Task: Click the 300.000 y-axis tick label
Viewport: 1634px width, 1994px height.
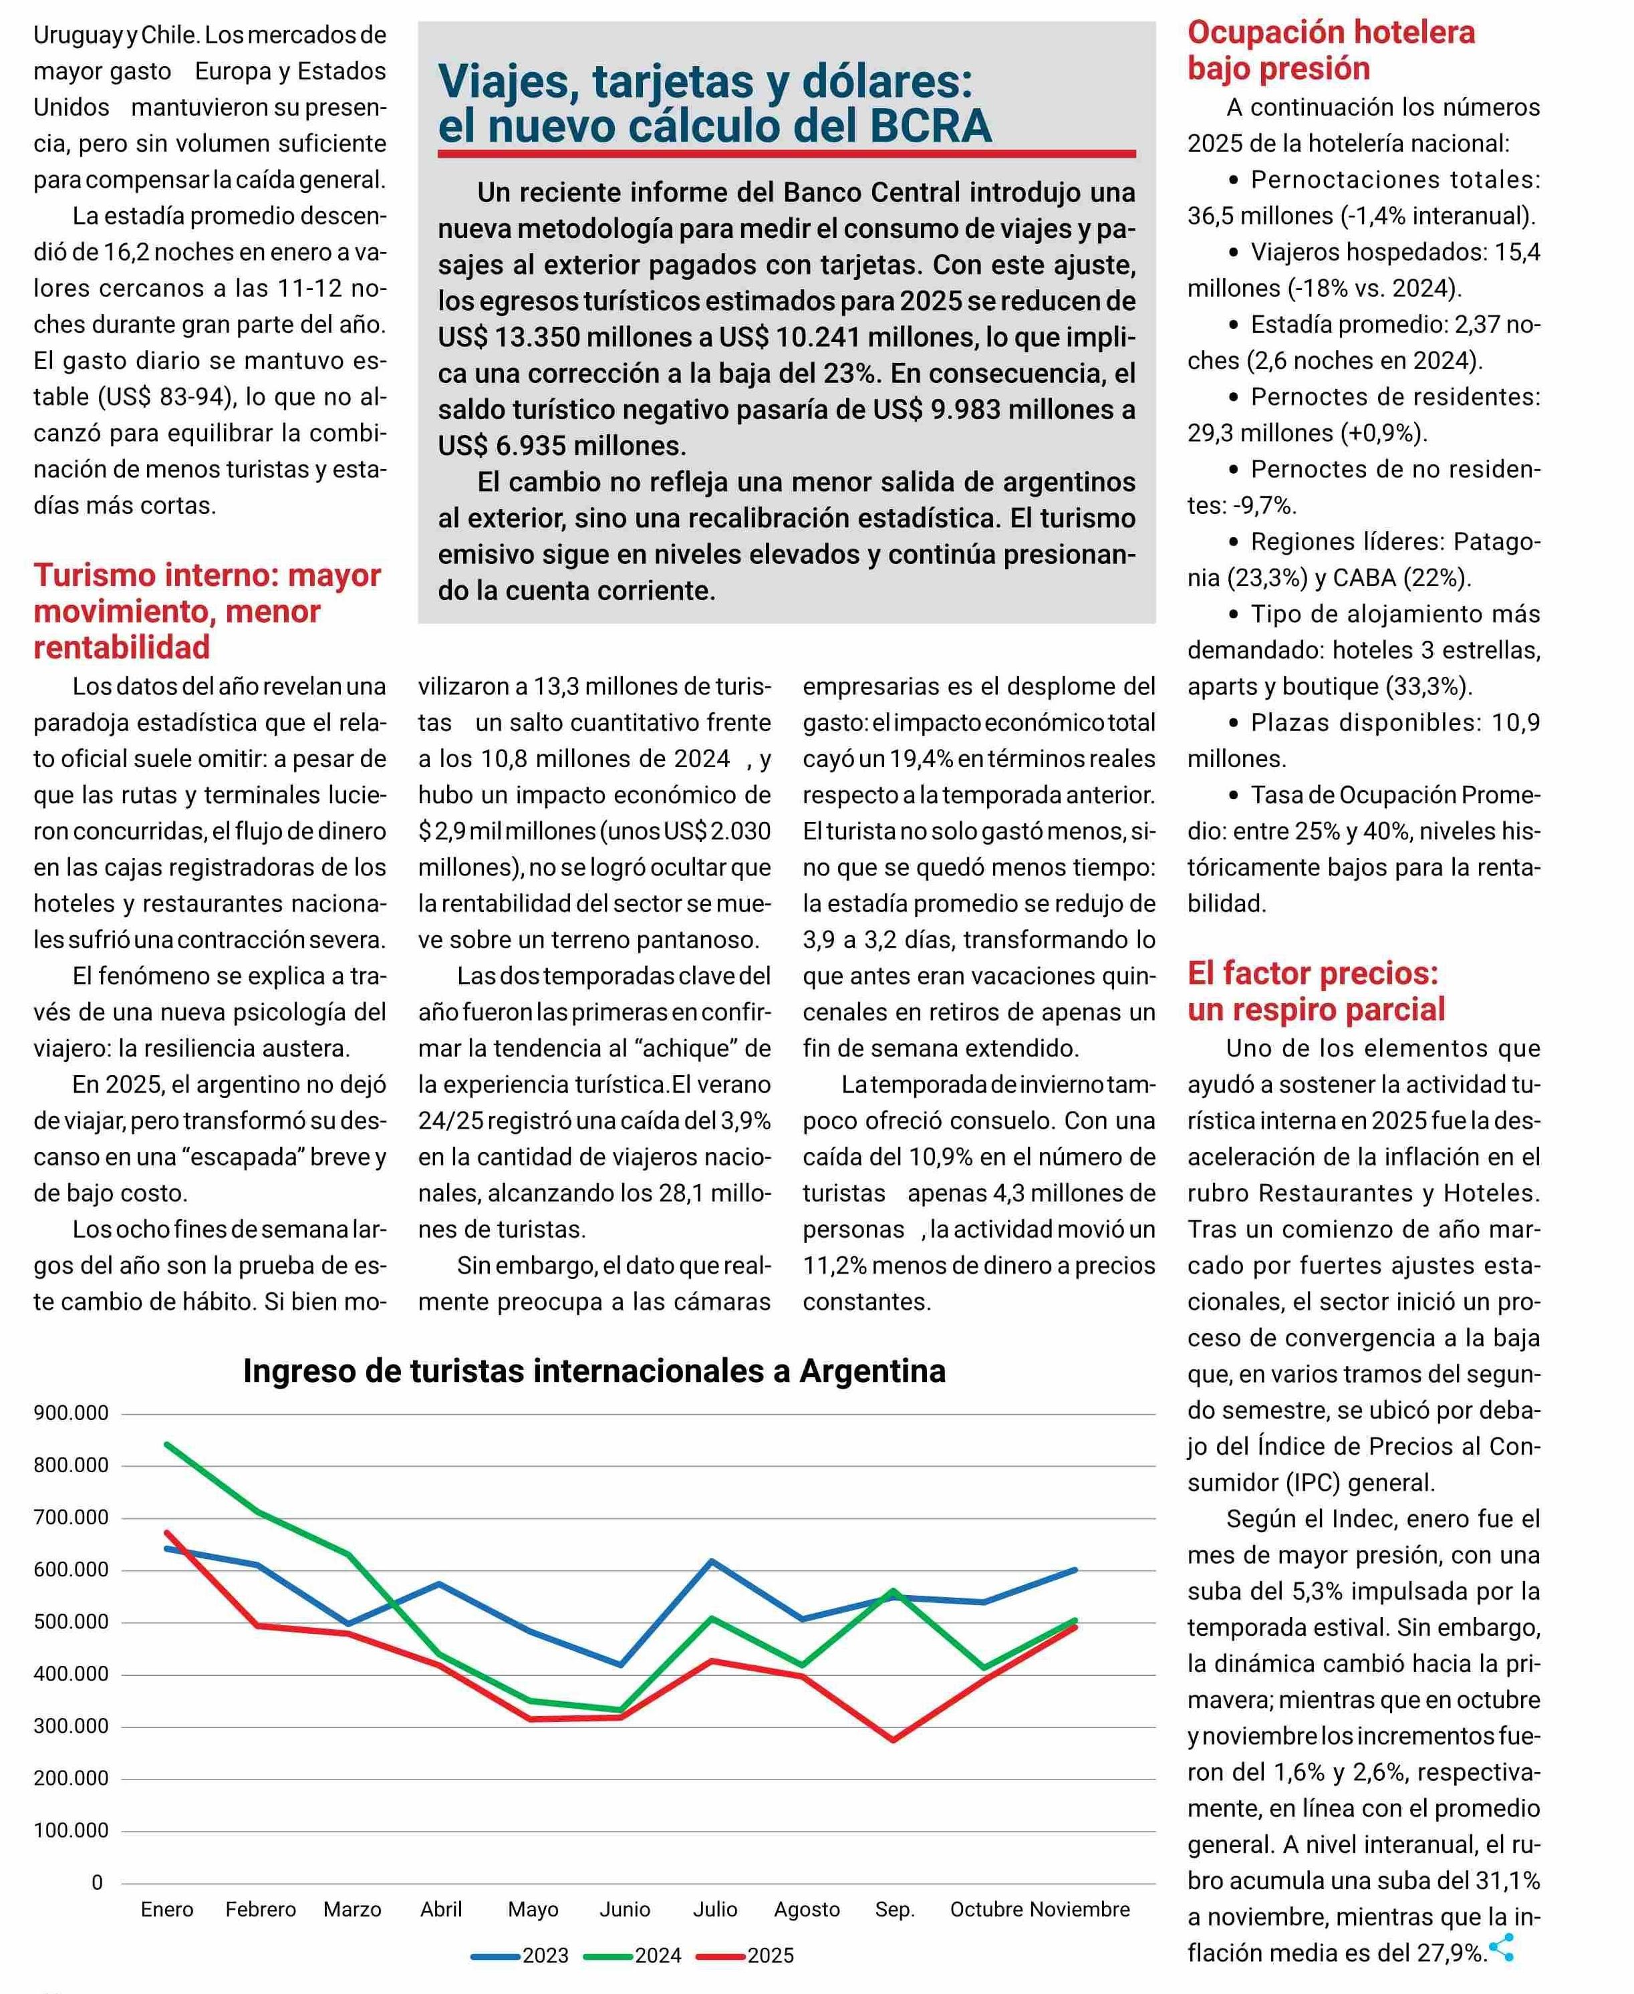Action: pyautogui.click(x=71, y=1727)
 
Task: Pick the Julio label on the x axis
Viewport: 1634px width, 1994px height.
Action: pyautogui.click(x=715, y=1909)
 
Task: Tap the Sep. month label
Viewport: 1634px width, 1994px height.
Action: pyautogui.click(x=894, y=1909)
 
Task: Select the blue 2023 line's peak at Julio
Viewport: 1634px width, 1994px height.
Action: pyautogui.click(x=712, y=1561)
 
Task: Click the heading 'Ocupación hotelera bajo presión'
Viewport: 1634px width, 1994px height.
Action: pyautogui.click(x=1331, y=51)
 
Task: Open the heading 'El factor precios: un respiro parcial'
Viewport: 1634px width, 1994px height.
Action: pyautogui.click(x=1315, y=991)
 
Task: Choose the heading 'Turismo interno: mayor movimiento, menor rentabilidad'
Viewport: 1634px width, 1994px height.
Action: pyautogui.click(x=207, y=611)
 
